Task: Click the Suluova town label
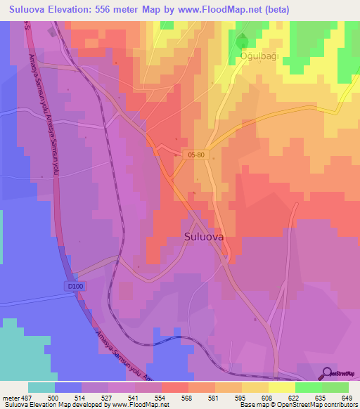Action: click(x=204, y=238)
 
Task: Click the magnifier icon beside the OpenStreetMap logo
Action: click(x=326, y=372)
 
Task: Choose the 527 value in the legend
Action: click(x=105, y=398)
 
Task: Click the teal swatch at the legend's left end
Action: click(x=41, y=387)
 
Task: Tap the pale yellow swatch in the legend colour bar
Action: click(x=282, y=387)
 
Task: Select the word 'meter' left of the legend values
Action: click(x=12, y=398)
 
